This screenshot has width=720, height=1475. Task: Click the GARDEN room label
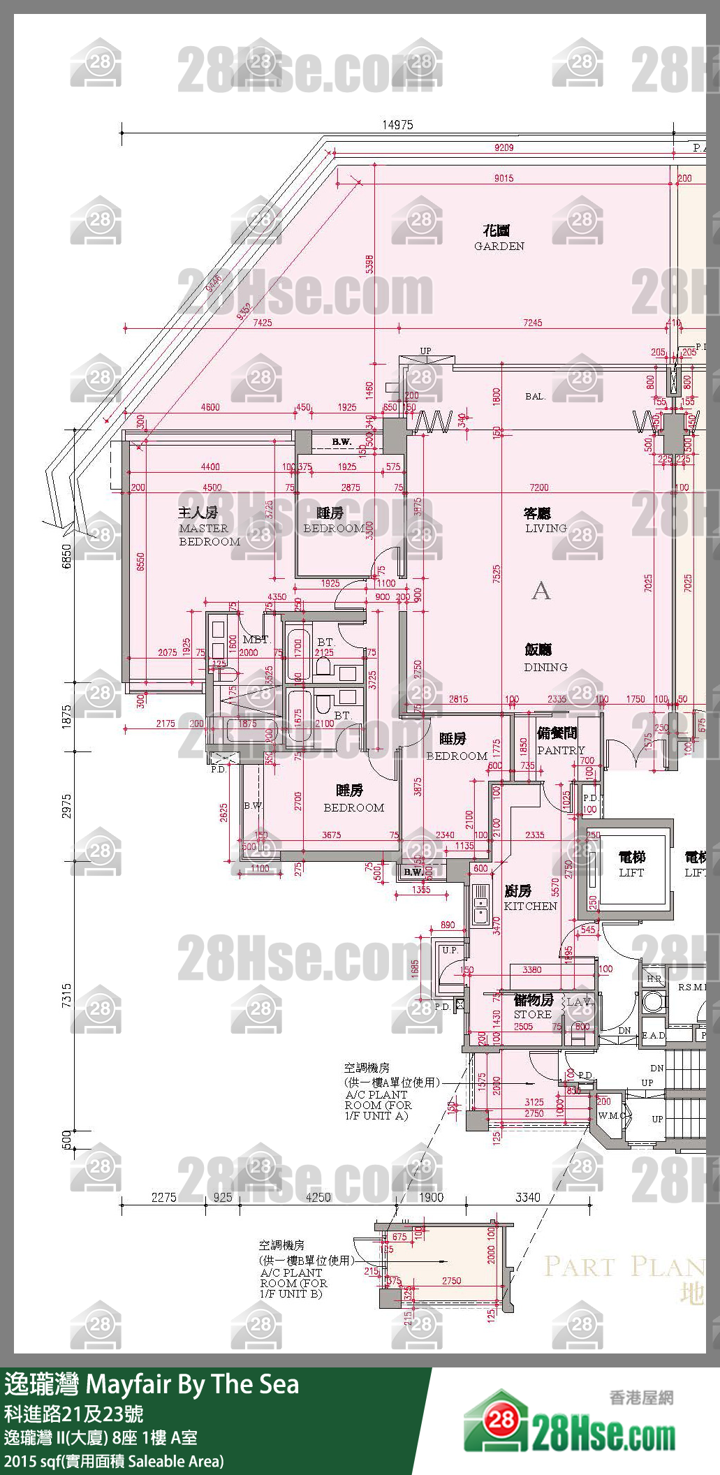tap(498, 238)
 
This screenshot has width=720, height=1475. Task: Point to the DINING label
tap(545, 659)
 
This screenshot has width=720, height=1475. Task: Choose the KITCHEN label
tap(529, 899)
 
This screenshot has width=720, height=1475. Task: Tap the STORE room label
tap(532, 1007)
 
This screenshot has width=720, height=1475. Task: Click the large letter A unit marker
tap(541, 592)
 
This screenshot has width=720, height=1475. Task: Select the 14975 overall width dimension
tap(397, 125)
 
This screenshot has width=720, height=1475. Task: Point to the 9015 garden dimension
tap(504, 178)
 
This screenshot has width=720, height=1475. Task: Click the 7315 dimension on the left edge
tap(66, 995)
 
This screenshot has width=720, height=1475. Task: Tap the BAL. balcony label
tap(535, 396)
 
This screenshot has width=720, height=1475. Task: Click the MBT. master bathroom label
tap(256, 640)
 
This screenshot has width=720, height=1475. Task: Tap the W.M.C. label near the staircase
tap(612, 1115)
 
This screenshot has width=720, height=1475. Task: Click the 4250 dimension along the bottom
tap(318, 1197)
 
